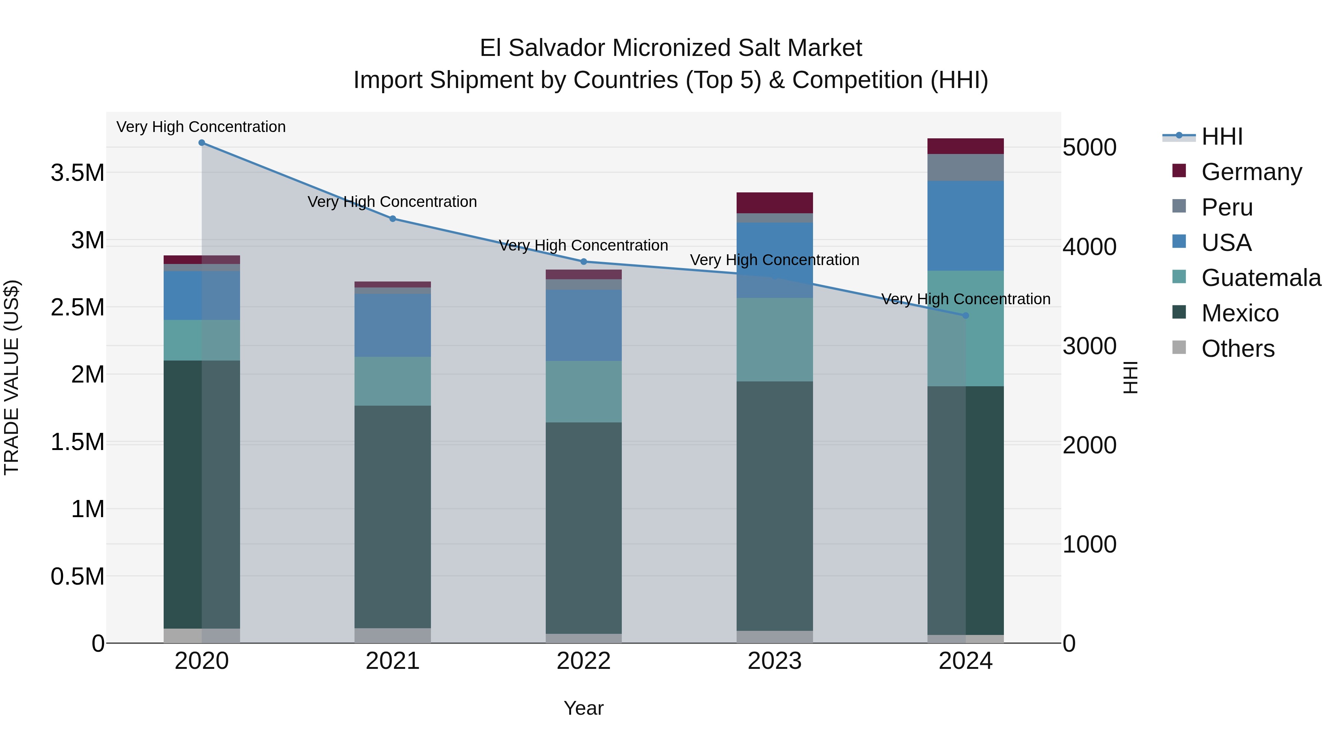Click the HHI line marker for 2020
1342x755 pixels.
tap(202, 143)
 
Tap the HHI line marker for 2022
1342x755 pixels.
tap(583, 262)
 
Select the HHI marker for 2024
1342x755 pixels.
tap(965, 315)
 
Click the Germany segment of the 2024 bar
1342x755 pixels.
tap(965, 147)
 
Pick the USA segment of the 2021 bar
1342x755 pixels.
tap(393, 325)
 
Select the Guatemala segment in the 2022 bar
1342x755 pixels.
tap(583, 391)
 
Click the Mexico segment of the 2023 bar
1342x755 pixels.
tap(775, 506)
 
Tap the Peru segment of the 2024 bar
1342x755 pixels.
tap(965, 167)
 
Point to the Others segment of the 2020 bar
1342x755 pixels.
tap(202, 635)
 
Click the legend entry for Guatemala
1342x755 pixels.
tap(1261, 278)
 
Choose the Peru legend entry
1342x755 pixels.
tap(1227, 207)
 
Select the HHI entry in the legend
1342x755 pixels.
tap(1222, 136)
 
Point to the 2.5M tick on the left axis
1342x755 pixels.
tap(78, 308)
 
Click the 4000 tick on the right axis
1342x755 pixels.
tap(1089, 246)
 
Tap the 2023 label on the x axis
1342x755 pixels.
tap(775, 661)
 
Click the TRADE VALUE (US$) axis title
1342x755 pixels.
tap(12, 377)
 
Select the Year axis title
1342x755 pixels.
tap(583, 708)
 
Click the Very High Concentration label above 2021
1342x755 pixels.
tap(392, 202)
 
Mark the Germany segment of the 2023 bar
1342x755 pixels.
tap(775, 203)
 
